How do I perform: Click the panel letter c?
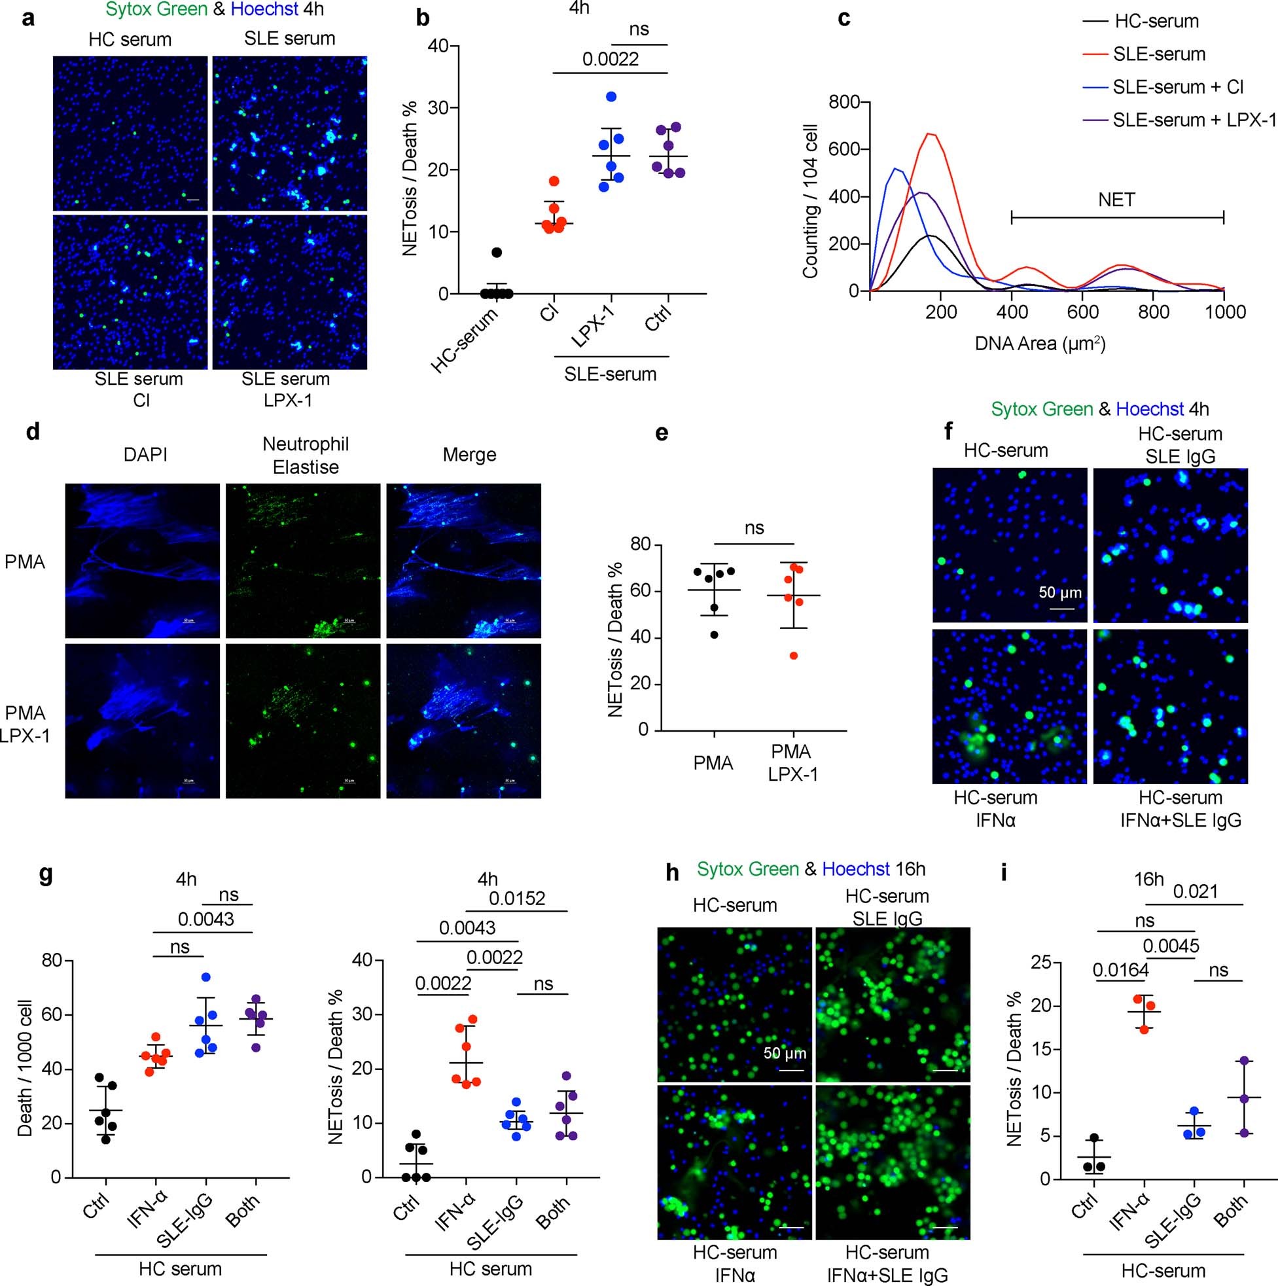click(x=844, y=18)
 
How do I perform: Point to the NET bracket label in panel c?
click(x=1116, y=199)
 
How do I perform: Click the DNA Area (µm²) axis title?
click(x=1040, y=344)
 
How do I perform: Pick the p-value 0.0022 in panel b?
click(x=611, y=60)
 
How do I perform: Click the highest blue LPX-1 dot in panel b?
click(x=611, y=96)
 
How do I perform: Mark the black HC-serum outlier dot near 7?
click(x=497, y=252)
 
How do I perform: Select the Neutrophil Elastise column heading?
click(x=306, y=455)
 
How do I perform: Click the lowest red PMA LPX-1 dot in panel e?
click(x=793, y=656)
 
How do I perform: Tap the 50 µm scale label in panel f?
click(x=1059, y=592)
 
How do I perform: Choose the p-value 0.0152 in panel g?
click(x=517, y=899)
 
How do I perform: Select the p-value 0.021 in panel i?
click(x=1196, y=891)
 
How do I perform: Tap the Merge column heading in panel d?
click(x=469, y=455)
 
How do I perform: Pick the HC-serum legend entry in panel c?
click(x=1156, y=22)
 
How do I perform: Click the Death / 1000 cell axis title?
click(x=26, y=1069)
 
